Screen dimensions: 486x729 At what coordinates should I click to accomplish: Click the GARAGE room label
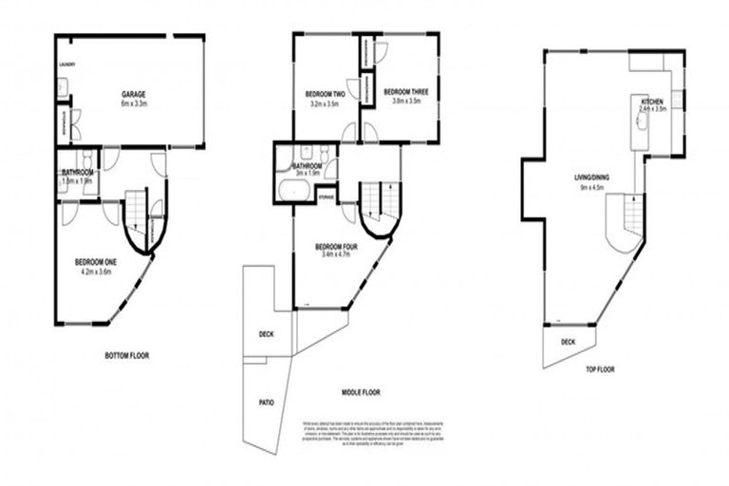[133, 93]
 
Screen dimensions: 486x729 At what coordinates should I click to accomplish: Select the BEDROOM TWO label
[324, 94]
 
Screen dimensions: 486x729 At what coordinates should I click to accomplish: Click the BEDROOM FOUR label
[337, 246]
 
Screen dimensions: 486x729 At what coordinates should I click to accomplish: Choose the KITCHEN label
[652, 101]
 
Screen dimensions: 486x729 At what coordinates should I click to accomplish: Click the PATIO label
[267, 402]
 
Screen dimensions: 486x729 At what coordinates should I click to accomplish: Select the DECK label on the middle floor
[266, 334]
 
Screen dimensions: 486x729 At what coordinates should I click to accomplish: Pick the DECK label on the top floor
[568, 342]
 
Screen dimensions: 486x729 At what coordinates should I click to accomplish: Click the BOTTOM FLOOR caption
[126, 356]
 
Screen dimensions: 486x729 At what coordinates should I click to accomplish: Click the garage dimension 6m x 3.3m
[134, 103]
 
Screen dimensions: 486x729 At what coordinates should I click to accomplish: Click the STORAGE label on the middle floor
[326, 197]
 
